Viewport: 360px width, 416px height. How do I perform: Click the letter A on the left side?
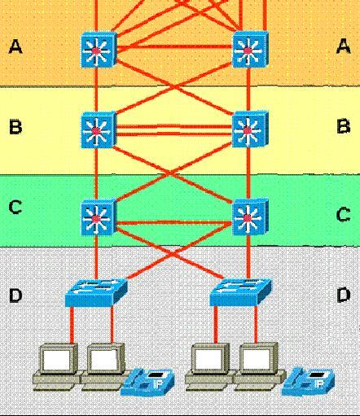[15, 46]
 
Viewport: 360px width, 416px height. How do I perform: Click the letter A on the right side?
[344, 46]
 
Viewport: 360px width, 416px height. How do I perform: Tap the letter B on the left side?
[15, 127]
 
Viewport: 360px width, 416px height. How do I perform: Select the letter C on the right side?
[344, 214]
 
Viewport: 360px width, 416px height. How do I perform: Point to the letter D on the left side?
[15, 296]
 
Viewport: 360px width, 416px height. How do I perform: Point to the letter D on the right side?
[344, 295]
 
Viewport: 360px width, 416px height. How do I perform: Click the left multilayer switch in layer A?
[99, 50]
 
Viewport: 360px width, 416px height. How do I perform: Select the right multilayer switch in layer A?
[250, 50]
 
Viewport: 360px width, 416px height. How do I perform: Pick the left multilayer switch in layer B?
[99, 130]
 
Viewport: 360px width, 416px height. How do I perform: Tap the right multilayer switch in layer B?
[250, 129]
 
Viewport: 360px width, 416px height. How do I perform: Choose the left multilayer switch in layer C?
[99, 217]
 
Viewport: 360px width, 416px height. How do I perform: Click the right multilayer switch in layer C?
[250, 217]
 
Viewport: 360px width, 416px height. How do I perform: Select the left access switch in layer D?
[96, 293]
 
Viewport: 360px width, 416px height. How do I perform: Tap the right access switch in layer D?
[240, 292]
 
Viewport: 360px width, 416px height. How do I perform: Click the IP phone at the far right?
[308, 381]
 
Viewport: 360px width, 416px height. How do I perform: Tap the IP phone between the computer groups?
[147, 382]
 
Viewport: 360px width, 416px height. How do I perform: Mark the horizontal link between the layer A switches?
[174, 46]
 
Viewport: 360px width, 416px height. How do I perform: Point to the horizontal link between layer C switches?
[174, 223]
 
